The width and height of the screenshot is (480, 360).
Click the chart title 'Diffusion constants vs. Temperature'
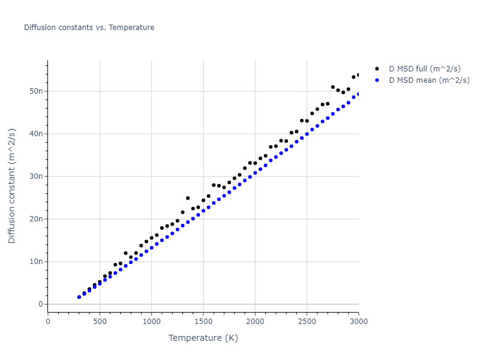[x=89, y=28]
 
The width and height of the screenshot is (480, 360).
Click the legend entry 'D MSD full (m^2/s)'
[x=429, y=69]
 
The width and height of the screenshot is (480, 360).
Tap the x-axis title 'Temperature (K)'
[x=203, y=338]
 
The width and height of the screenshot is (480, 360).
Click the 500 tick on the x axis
[x=100, y=322]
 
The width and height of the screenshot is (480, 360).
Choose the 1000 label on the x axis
[x=151, y=322]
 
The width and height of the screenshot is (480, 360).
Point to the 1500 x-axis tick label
[x=203, y=322]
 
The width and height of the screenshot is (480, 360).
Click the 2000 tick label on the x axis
[x=255, y=322]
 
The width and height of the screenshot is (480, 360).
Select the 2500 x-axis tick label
[x=307, y=322]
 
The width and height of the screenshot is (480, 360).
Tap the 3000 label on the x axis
[x=358, y=322]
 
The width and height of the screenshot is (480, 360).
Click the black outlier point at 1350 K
[x=188, y=198]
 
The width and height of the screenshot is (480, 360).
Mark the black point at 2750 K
[x=333, y=87]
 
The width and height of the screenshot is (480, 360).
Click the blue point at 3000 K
[x=359, y=94]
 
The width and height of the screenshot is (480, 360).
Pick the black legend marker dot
[x=377, y=69]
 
